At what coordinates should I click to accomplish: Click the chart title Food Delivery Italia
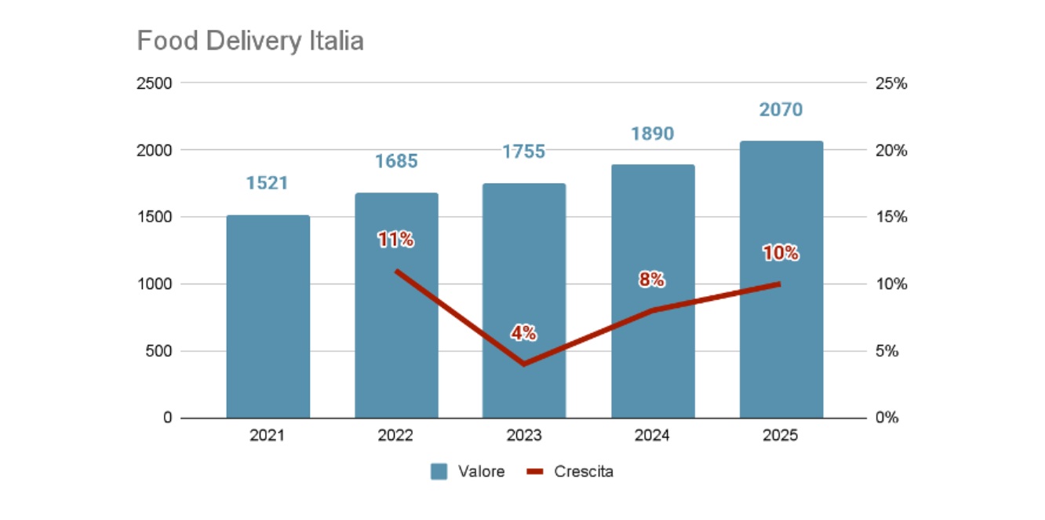click(250, 41)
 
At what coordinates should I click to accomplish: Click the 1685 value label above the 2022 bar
click(396, 162)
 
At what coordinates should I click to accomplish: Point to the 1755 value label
click(524, 152)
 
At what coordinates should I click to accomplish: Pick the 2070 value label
click(781, 110)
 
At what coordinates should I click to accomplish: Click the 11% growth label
click(395, 240)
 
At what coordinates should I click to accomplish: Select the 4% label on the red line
click(523, 333)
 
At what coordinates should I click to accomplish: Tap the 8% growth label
click(652, 279)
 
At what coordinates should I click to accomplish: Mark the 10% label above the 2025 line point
click(781, 253)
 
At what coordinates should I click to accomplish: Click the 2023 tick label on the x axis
click(524, 435)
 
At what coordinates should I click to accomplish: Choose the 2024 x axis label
click(652, 435)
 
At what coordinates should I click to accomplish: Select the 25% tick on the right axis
click(890, 83)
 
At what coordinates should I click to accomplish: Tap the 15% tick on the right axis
click(890, 218)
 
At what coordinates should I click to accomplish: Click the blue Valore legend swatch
click(439, 471)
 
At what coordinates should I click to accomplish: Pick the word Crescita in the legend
click(583, 471)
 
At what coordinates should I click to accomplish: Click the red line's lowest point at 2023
click(523, 364)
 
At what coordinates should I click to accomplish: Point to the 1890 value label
click(652, 134)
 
